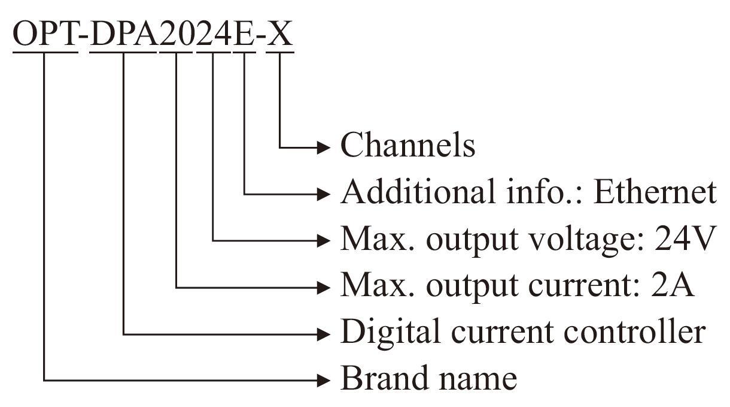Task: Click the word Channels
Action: [x=407, y=145]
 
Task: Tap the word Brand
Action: [x=380, y=378]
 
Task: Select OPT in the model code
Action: [x=45, y=35]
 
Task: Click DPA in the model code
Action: [x=124, y=35]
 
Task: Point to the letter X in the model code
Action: [x=279, y=35]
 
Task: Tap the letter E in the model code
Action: [x=244, y=35]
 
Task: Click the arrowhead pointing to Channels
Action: [x=324, y=146]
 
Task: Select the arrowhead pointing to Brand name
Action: [x=324, y=379]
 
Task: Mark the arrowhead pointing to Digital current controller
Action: [x=324, y=333]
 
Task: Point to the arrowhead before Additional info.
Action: [x=324, y=193]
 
